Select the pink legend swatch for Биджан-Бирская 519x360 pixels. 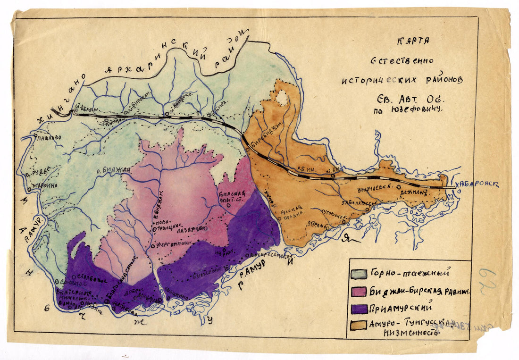(359, 291)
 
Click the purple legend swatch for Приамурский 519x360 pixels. (359, 308)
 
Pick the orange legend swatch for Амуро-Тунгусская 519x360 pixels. (359, 325)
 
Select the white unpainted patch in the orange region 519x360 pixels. (283, 98)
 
